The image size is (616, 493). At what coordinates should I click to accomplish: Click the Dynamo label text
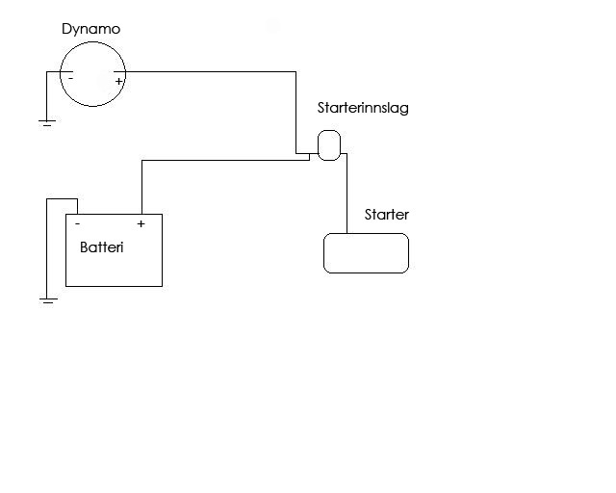coord(90,30)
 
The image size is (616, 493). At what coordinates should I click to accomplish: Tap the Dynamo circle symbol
coord(92,42)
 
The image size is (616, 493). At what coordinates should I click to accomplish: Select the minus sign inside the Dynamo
coord(70,78)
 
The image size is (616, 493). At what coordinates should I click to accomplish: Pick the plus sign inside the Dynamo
coord(118,82)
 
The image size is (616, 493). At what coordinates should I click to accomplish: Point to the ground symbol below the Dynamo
coord(47,123)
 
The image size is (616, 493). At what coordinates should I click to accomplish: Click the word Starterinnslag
coord(363,108)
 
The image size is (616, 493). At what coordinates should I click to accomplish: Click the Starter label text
coord(387,215)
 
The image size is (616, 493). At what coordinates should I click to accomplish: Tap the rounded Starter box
coord(366,234)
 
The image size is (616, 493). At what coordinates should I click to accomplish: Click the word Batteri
coord(101,247)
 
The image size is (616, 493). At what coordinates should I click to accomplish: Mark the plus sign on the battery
coord(141,223)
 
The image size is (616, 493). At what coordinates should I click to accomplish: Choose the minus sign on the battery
coord(78,223)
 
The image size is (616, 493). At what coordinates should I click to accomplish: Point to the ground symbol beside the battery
coord(48,300)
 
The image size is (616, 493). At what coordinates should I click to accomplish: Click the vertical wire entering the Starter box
coord(346,194)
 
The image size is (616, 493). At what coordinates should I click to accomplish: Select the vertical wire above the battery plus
coord(141,187)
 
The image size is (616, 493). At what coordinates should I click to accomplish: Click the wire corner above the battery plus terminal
coord(141,161)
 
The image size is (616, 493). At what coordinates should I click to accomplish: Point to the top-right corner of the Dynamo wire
coord(295,72)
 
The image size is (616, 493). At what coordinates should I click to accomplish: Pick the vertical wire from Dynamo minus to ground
coord(47,95)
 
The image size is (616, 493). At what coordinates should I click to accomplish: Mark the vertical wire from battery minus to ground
coord(47,248)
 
